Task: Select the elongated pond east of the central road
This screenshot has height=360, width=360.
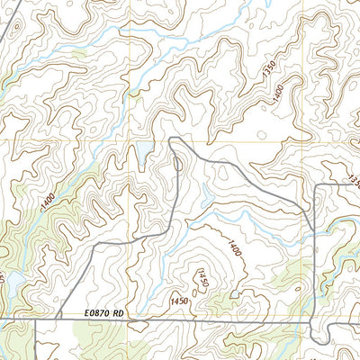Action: [205, 193]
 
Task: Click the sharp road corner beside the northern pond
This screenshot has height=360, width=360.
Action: [171, 139]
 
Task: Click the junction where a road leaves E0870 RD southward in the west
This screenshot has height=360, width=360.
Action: [33, 319]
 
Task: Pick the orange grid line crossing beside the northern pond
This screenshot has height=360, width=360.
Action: [130, 141]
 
